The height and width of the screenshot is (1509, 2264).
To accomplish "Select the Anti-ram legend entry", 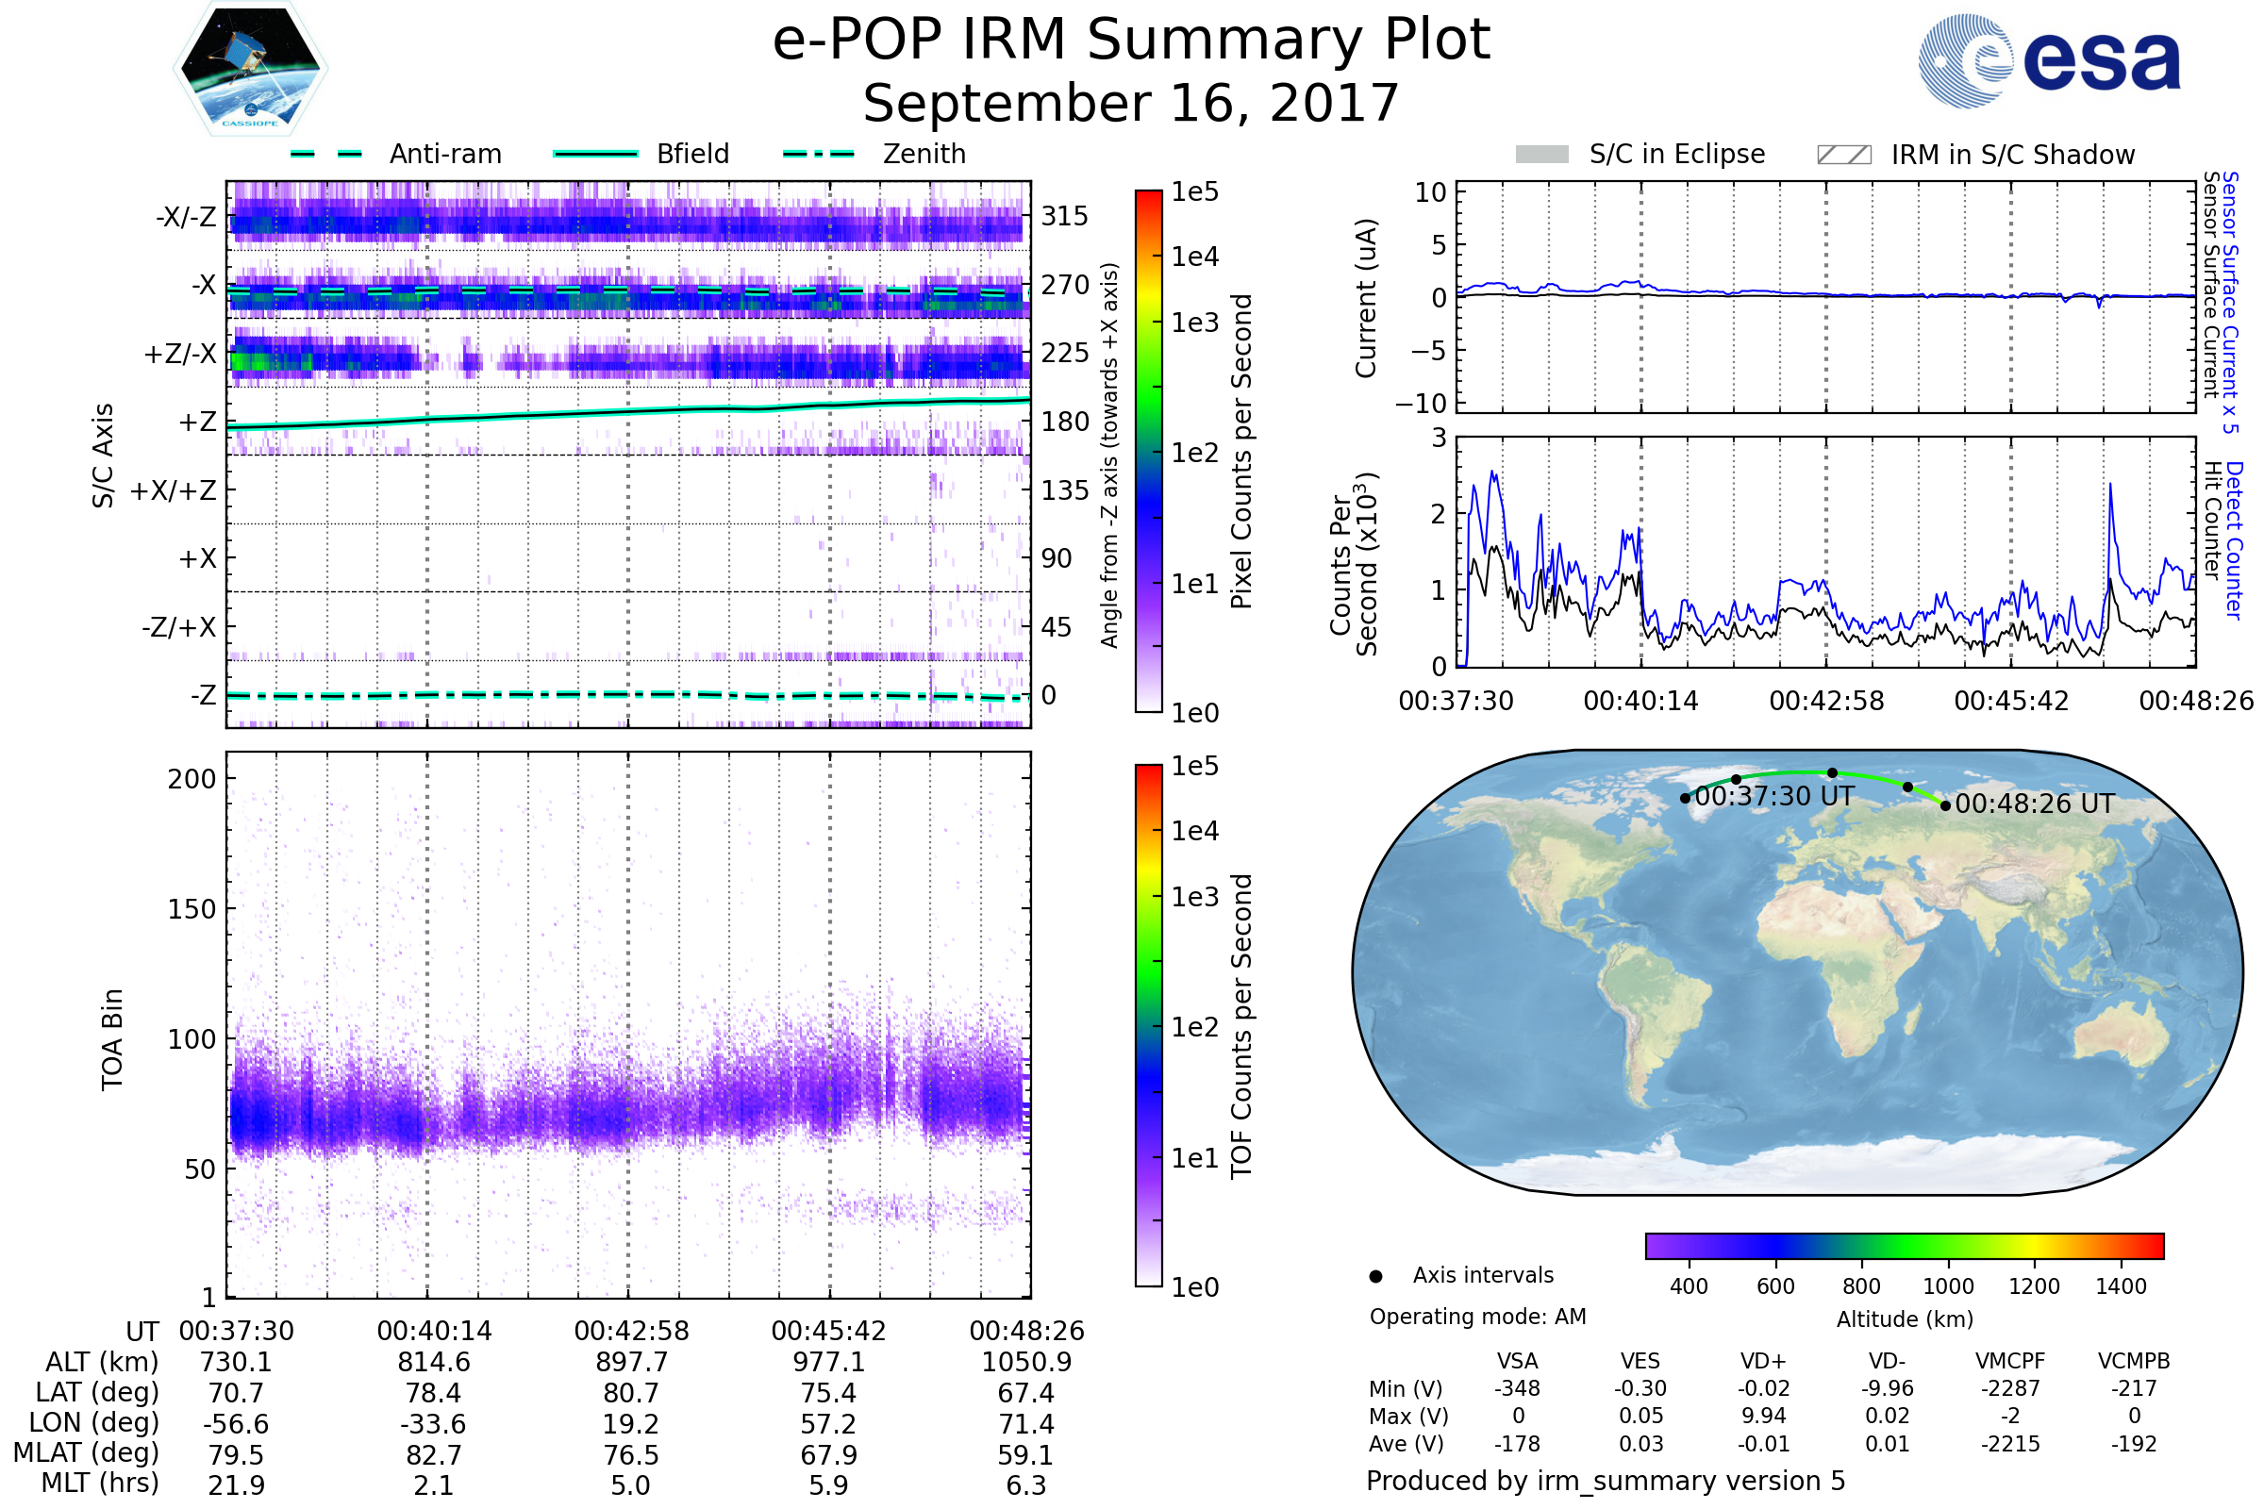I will tap(444, 154).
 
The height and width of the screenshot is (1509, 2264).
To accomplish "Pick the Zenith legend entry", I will tap(924, 154).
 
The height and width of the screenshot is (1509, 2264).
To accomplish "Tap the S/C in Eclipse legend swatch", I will tap(1541, 155).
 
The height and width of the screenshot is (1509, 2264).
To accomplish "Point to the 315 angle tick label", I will tap(1064, 217).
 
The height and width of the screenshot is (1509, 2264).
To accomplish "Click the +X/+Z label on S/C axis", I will tap(174, 490).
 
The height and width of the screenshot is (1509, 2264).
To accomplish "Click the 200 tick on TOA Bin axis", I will tap(191, 779).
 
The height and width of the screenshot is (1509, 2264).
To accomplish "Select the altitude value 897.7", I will tap(630, 1362).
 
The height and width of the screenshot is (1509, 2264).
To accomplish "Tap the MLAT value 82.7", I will tap(434, 1454).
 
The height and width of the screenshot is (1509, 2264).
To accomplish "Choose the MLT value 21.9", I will tap(236, 1484).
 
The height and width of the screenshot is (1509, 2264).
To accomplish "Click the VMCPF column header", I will tap(2010, 1361).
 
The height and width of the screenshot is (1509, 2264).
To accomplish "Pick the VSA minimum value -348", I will tap(1517, 1388).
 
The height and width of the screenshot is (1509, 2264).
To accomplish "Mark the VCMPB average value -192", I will tap(2133, 1444).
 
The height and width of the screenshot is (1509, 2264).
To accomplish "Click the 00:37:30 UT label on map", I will tap(1774, 797).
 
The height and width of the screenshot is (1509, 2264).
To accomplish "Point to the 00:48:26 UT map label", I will tap(2035, 804).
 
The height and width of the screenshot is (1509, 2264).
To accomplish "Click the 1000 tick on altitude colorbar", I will tap(1947, 1286).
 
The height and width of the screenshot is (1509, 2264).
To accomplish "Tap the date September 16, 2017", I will tap(1131, 104).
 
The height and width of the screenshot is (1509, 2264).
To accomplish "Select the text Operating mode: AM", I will tap(1477, 1317).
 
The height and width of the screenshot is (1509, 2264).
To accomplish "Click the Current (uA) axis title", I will tap(1366, 298).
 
